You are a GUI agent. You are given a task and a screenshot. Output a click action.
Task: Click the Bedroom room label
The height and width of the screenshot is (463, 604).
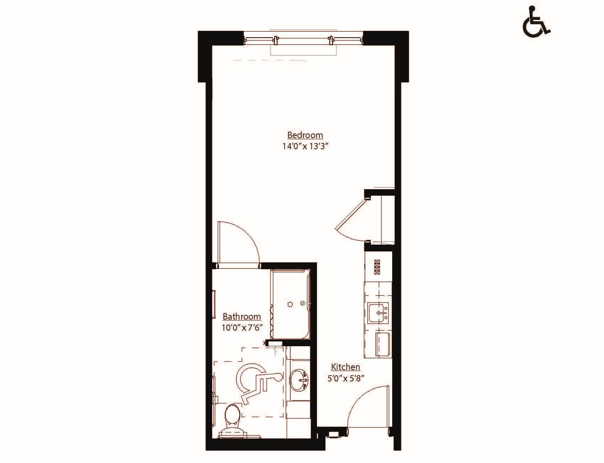305,135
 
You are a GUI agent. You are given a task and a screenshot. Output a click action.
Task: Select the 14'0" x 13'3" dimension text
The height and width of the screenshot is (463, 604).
304,146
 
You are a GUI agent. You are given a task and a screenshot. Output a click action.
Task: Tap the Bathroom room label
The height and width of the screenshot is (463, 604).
242,316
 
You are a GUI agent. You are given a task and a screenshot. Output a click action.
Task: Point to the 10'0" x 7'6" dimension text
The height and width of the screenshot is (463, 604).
242,327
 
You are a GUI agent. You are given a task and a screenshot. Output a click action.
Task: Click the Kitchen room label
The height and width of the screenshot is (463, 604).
345,367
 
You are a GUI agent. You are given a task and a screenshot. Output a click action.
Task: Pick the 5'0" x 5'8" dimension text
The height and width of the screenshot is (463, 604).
345,378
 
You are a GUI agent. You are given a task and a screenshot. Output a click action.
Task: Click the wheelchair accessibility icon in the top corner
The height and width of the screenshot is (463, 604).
536,22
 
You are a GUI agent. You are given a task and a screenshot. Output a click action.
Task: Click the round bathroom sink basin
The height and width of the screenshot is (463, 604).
299,380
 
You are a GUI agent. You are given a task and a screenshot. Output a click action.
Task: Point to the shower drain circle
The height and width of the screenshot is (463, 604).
290,304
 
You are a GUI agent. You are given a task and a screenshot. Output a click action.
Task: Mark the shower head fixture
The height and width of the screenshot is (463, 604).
303,304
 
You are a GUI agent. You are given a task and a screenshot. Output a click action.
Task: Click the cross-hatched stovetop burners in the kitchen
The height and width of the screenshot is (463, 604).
377,267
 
